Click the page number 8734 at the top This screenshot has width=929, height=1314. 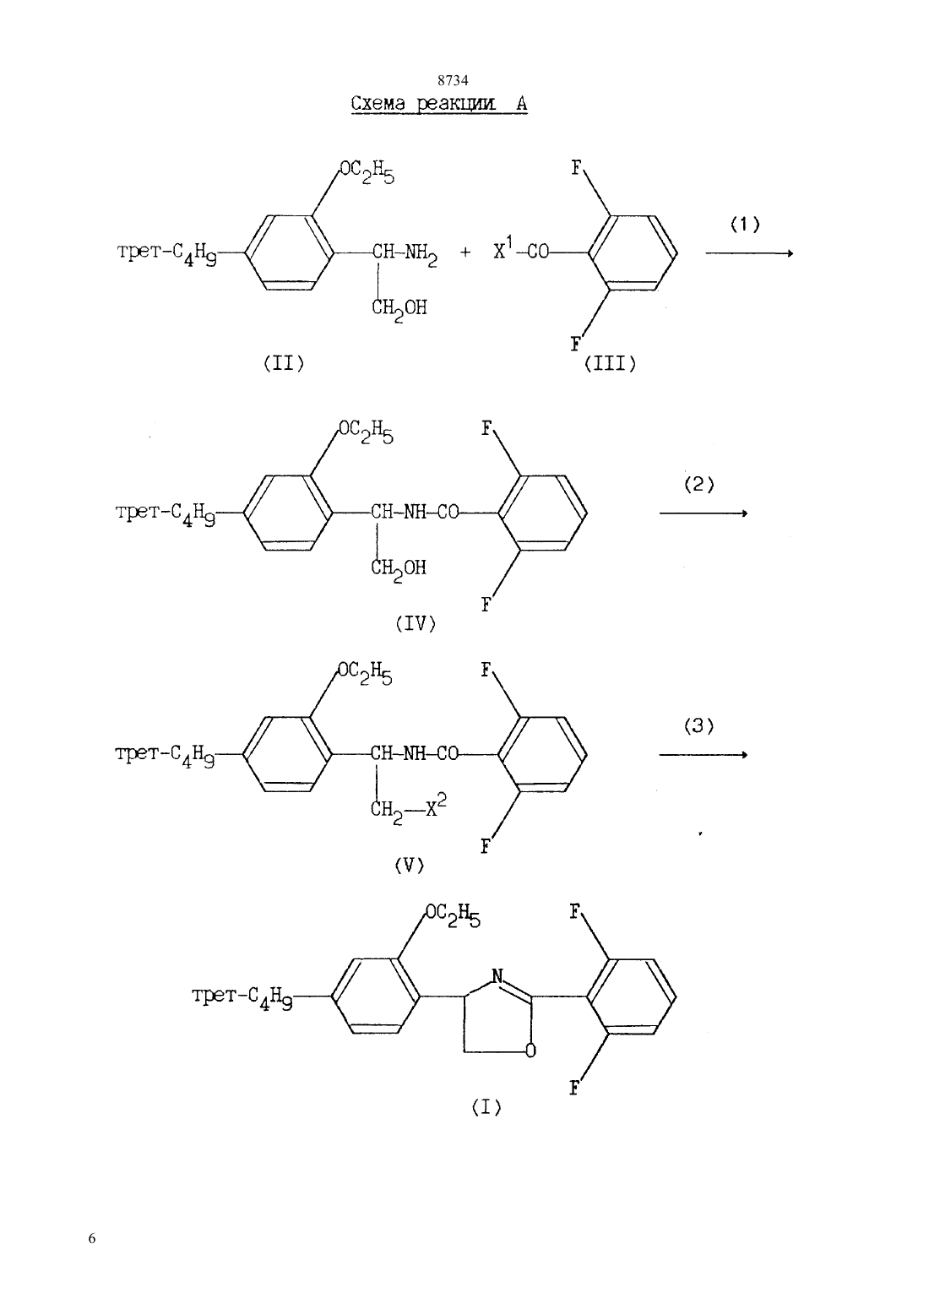click(453, 79)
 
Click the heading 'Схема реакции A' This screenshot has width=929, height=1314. click(439, 105)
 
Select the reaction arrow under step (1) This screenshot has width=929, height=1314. click(749, 253)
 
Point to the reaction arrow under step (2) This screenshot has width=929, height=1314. click(704, 513)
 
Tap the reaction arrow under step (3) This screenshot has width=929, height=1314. click(704, 754)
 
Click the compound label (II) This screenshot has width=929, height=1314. click(284, 364)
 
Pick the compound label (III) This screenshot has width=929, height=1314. click(610, 364)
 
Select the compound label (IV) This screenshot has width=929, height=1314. click(416, 623)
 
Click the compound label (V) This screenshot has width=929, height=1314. click(410, 866)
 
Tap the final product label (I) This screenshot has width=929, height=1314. click(486, 1107)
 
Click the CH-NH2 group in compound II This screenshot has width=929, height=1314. click(405, 254)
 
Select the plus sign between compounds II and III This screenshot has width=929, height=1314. click(465, 252)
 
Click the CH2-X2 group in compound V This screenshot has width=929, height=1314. click(408, 810)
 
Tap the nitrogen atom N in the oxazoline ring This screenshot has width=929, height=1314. click(497, 976)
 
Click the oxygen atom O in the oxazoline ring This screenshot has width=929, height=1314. click(530, 1050)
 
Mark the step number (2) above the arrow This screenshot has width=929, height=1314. click(699, 485)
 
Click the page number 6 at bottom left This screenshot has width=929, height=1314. click(92, 1238)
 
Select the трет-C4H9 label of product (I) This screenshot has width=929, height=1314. click(242, 996)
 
